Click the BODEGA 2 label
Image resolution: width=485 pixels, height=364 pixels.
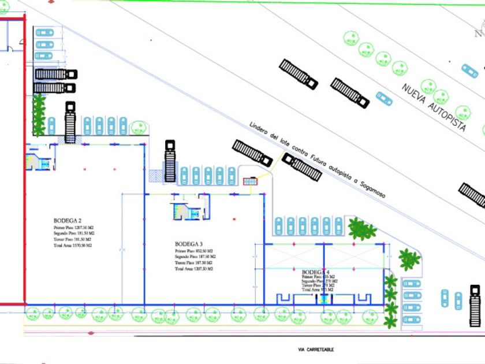67,221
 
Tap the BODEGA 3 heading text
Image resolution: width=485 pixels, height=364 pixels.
189,244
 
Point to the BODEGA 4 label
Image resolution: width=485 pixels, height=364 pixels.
315,272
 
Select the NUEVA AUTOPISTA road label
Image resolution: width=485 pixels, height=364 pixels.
434,107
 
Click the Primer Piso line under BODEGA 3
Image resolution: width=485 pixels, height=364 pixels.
195,251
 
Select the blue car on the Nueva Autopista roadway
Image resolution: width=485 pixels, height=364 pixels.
383,98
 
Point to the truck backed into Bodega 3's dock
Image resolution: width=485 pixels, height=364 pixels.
170,160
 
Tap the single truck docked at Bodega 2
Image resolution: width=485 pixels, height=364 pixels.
70,122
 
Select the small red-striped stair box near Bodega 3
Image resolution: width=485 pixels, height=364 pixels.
249,181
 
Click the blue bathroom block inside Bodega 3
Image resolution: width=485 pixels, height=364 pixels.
186,210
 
